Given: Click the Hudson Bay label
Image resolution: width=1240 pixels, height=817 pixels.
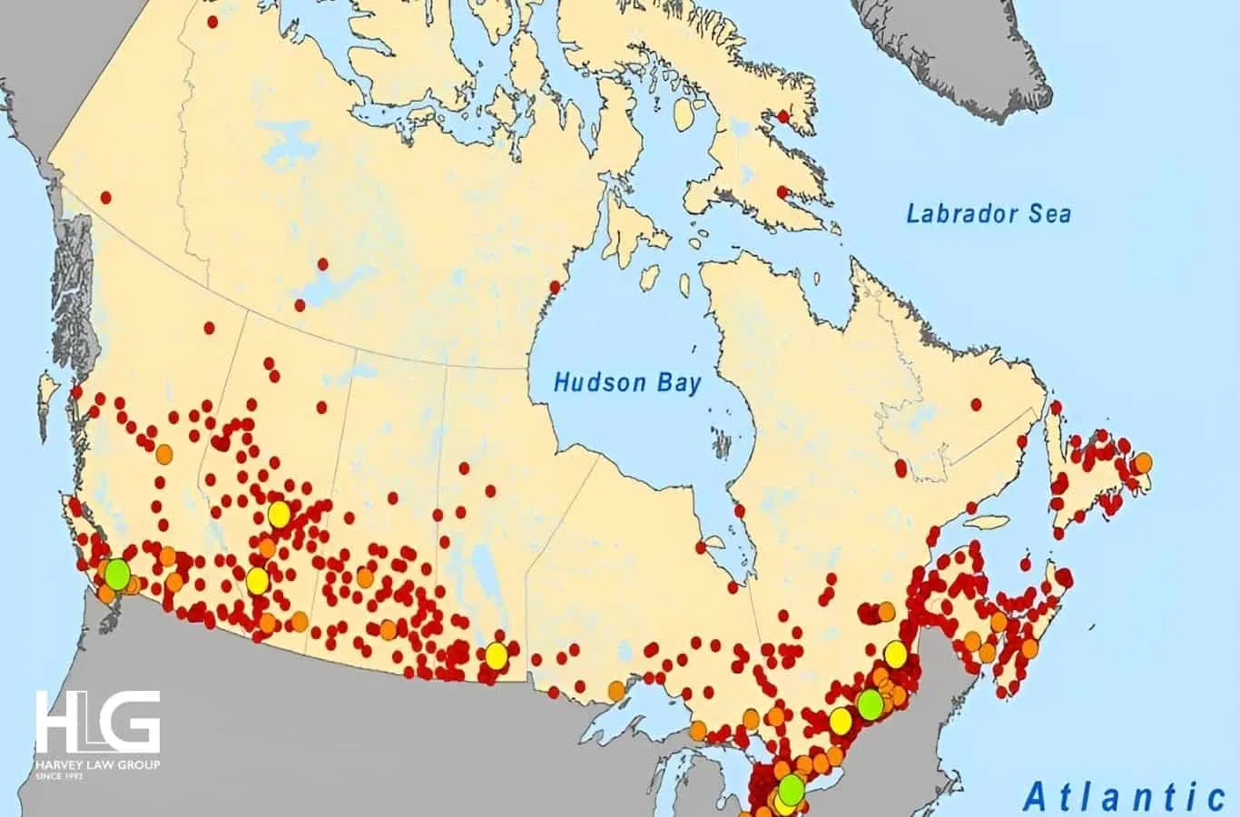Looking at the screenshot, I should click(627, 382).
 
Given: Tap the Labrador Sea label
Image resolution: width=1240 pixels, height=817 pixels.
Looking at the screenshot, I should click(989, 214).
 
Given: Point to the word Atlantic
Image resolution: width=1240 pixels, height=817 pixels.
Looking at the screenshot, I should click(1124, 796).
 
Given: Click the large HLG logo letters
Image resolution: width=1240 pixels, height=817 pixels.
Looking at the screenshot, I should click(98, 723).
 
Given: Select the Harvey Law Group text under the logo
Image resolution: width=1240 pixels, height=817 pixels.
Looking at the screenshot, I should click(97, 765).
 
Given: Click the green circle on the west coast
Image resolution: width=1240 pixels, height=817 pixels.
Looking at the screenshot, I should click(116, 574).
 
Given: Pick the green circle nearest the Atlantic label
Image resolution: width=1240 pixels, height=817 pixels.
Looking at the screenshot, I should click(871, 703).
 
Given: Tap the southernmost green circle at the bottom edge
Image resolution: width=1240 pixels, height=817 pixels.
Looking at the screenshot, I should click(792, 789).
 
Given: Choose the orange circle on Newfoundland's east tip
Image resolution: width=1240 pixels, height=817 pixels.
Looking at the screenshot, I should click(1143, 462).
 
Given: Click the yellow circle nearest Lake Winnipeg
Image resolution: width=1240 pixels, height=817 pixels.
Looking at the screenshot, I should click(496, 655).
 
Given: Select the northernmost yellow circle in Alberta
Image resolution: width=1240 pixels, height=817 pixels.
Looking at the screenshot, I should click(279, 515).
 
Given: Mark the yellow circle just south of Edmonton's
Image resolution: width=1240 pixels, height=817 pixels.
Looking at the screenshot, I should click(258, 579).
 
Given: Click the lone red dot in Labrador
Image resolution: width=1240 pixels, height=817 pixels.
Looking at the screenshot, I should click(977, 404).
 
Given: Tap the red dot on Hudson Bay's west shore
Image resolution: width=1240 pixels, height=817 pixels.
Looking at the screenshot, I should click(554, 288).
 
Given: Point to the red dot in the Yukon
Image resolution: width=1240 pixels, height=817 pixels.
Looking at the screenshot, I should click(106, 197).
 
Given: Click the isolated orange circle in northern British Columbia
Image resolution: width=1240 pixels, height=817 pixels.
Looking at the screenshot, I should click(163, 453).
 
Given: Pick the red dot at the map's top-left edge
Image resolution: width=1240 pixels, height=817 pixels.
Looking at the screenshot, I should click(212, 21).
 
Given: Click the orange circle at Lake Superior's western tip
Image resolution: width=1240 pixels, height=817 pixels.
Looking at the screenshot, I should click(617, 690).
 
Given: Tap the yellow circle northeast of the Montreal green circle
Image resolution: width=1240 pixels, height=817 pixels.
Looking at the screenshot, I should click(895, 654).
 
